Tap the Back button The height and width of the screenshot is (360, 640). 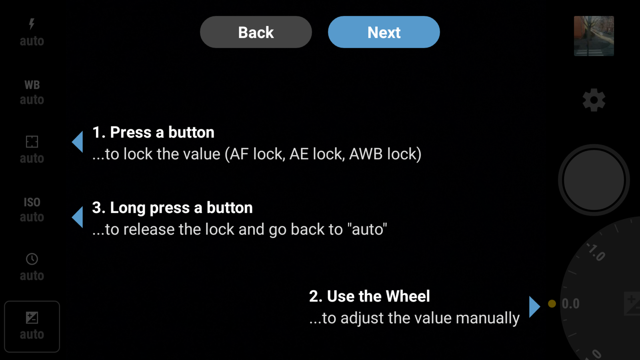click(x=256, y=32)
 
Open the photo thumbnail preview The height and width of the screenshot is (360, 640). click(x=594, y=36)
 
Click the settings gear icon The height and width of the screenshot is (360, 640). click(x=594, y=100)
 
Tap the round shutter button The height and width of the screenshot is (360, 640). click(x=594, y=180)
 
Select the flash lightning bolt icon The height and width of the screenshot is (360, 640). click(x=32, y=24)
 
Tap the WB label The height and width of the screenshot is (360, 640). click(x=32, y=85)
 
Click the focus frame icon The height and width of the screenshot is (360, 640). click(x=32, y=142)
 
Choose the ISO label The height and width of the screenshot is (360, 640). click(x=32, y=202)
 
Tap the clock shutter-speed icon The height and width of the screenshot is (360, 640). click(x=32, y=259)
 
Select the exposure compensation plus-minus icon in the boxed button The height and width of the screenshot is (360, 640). click(x=32, y=318)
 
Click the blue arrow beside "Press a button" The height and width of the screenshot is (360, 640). click(x=78, y=142)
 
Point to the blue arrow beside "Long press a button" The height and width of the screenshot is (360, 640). click(x=78, y=217)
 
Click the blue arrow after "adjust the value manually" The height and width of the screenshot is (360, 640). click(x=534, y=307)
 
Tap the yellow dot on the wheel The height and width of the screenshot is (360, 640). click(x=552, y=304)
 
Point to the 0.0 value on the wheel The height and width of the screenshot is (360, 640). click(x=570, y=304)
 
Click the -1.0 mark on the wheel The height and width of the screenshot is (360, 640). click(x=596, y=252)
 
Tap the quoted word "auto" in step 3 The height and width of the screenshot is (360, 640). click(x=367, y=230)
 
